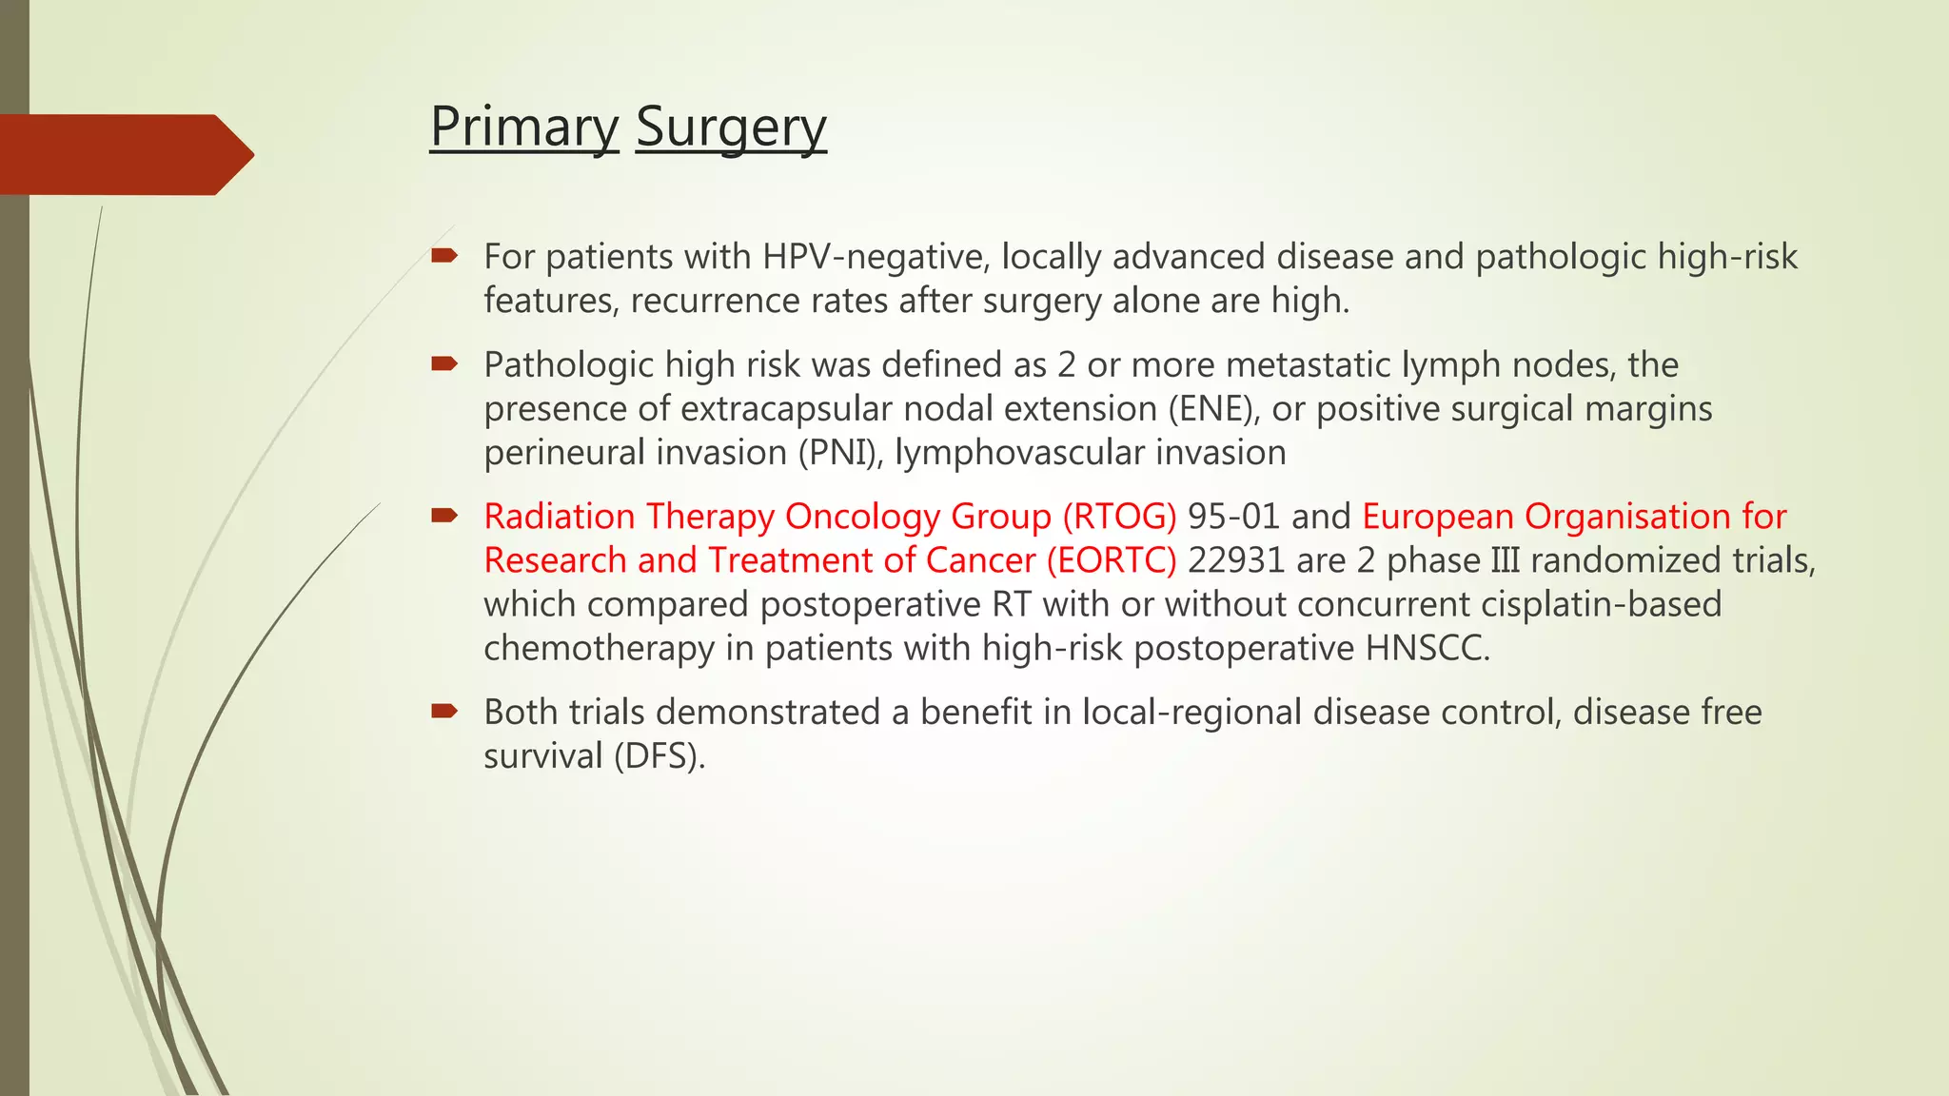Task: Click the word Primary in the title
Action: coord(523,127)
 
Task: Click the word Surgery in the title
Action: coord(731,127)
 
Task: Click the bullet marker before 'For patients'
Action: coord(444,255)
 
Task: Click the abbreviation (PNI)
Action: coord(840,453)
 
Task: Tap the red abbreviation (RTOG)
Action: coord(1119,517)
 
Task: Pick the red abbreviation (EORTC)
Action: coord(1111,560)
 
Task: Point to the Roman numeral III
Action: coord(1505,560)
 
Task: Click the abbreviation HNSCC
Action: coord(1427,648)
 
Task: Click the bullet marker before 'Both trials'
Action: coord(444,711)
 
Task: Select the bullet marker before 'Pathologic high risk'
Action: coord(444,363)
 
